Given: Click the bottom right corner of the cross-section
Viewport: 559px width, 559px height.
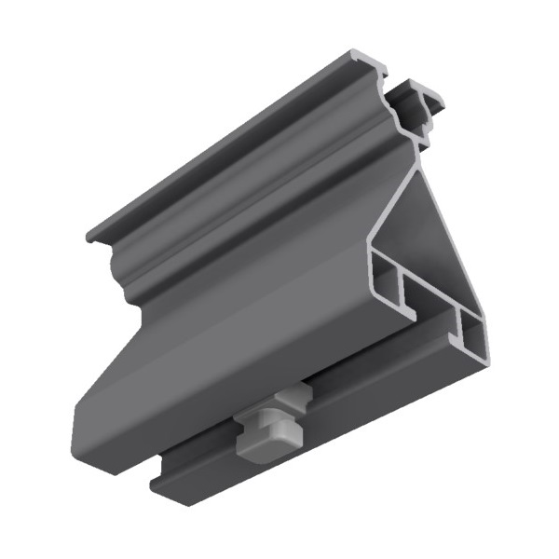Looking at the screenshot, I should [484, 359].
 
